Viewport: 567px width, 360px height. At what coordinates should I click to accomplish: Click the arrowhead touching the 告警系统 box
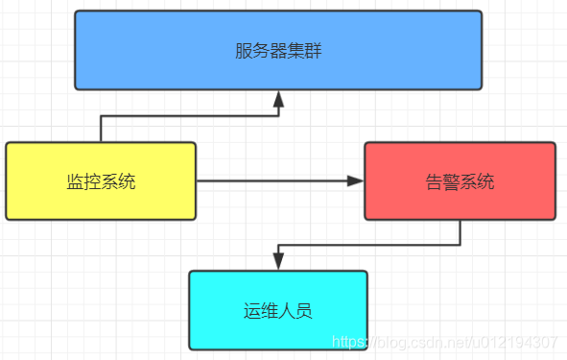(356, 181)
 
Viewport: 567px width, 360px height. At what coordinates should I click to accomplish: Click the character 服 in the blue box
(244, 51)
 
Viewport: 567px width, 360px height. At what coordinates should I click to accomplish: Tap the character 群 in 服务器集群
(313, 51)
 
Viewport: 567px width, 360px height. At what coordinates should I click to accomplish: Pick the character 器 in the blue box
(278, 51)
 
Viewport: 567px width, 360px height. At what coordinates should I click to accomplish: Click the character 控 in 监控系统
(92, 181)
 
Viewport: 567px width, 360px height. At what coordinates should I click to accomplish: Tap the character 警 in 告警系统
(451, 181)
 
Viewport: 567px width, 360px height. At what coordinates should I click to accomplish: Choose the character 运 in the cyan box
(252, 311)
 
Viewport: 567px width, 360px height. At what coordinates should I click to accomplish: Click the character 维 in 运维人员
(270, 311)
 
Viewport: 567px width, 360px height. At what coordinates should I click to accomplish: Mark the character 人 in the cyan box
(287, 311)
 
